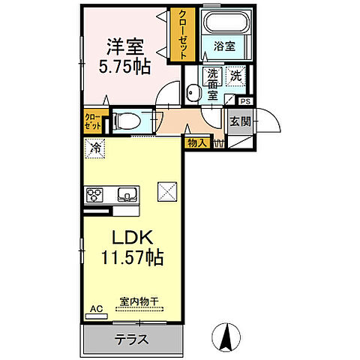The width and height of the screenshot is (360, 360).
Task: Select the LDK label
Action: pyautogui.click(x=133, y=238)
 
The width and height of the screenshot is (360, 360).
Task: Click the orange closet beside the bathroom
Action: pyautogui.click(x=181, y=34)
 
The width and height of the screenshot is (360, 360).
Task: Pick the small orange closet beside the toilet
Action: pyautogui.click(x=91, y=121)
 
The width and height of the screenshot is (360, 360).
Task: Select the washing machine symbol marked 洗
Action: pyautogui.click(x=236, y=76)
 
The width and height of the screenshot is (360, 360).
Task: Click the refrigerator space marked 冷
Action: pyautogui.click(x=95, y=149)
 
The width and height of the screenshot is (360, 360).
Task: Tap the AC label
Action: pyautogui.click(x=95, y=308)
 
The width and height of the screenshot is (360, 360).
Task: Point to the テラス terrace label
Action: pyautogui.click(x=130, y=339)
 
